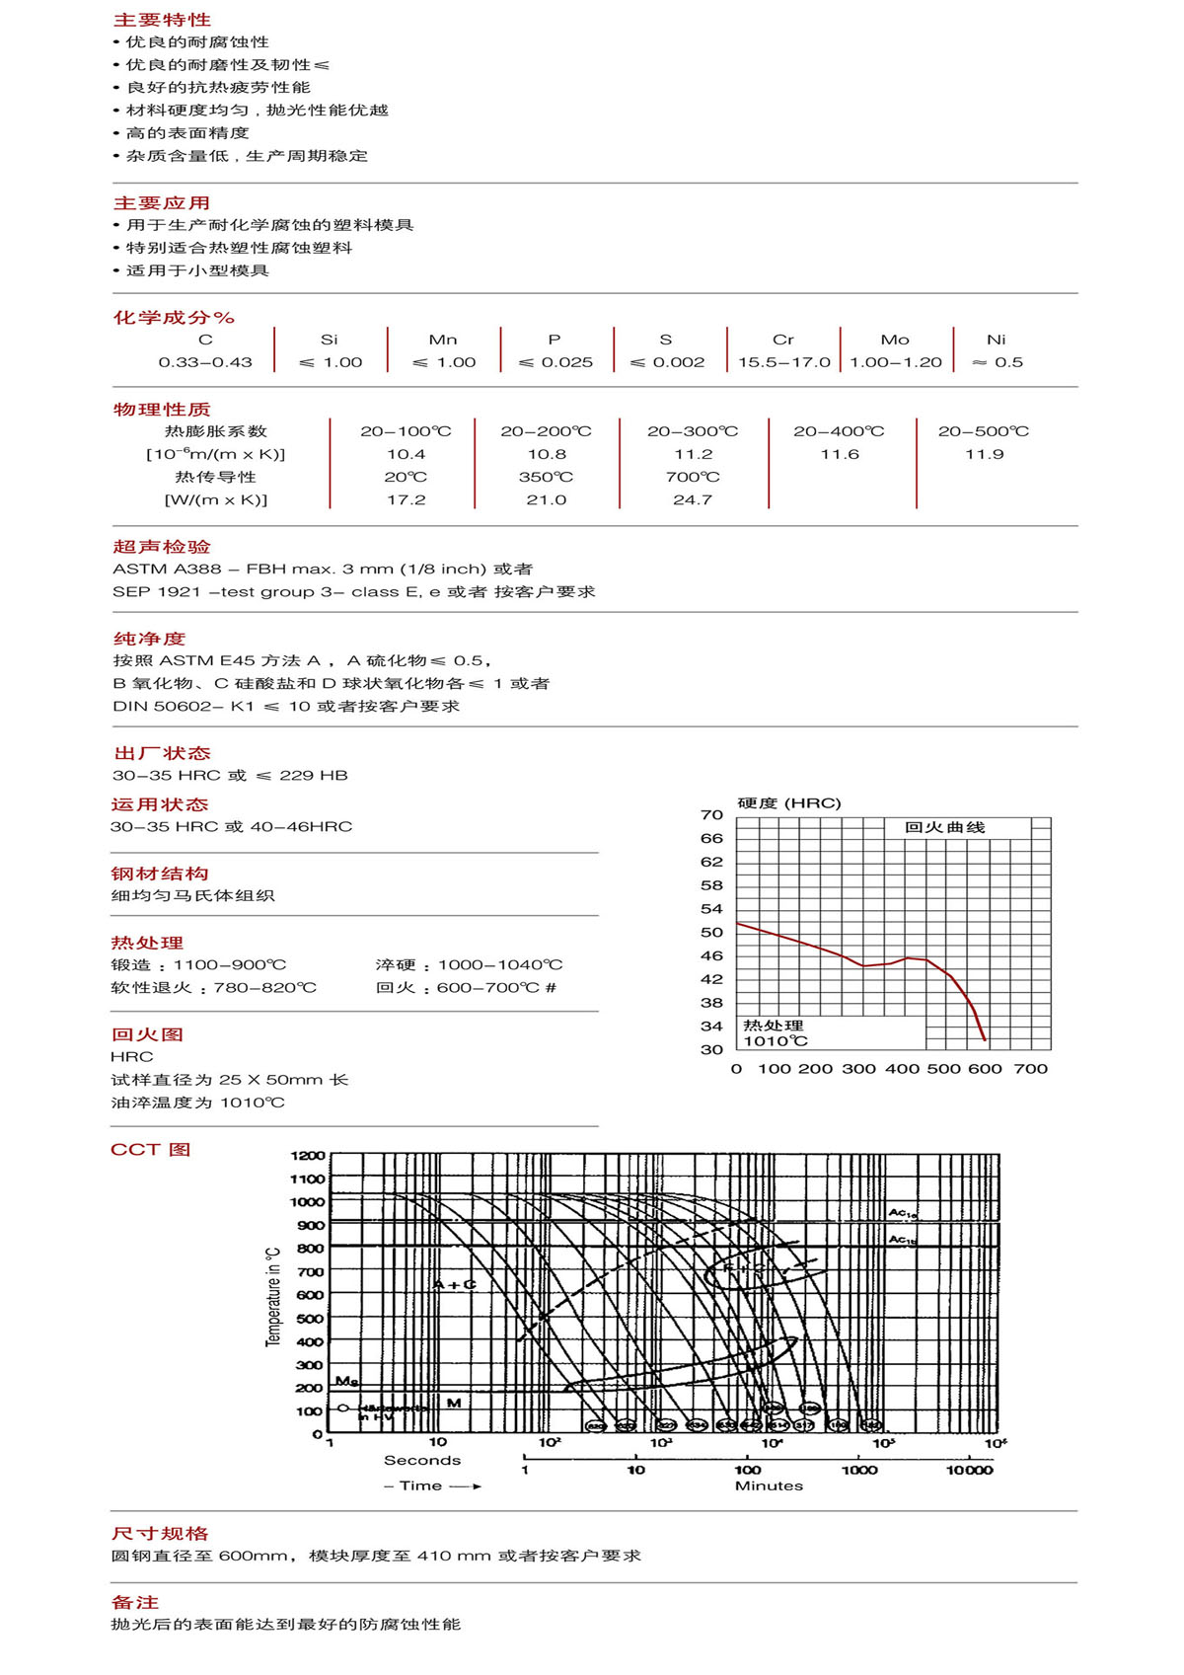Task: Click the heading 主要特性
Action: click(162, 20)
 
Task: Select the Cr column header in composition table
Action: click(783, 340)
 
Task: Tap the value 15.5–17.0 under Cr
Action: click(784, 362)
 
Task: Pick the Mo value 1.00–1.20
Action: click(896, 362)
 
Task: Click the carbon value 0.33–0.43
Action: click(205, 362)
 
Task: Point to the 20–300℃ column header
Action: click(693, 431)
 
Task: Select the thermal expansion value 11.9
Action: click(985, 454)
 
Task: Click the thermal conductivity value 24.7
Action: click(693, 499)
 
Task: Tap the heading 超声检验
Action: click(162, 547)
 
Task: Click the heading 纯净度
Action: click(149, 639)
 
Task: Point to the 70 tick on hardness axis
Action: click(711, 814)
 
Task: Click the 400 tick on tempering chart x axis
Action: click(902, 1068)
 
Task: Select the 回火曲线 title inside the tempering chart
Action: click(944, 827)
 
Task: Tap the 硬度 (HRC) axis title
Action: click(789, 802)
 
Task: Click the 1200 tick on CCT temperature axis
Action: click(307, 1155)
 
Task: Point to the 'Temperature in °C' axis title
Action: click(273, 1296)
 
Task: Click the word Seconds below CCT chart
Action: click(422, 1460)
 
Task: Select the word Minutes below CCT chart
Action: click(769, 1485)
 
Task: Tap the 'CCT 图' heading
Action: click(150, 1149)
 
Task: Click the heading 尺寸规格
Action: click(160, 1533)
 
